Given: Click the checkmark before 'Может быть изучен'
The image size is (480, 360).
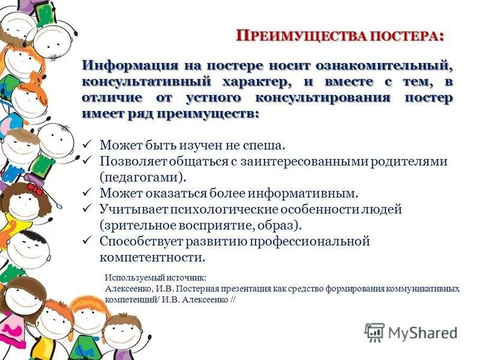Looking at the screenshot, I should [86, 145].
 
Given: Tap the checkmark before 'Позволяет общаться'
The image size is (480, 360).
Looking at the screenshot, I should [86, 161].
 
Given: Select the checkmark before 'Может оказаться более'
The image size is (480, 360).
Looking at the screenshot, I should [86, 194].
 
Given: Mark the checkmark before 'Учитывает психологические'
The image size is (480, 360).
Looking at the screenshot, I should [86, 210].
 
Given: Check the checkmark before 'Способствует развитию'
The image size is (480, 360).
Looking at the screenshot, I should [86, 242].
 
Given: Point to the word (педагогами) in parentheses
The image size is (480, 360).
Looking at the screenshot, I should [142, 178].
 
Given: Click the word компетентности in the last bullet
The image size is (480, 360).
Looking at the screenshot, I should [152, 258].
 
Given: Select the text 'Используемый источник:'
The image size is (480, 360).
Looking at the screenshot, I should [155, 278].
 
